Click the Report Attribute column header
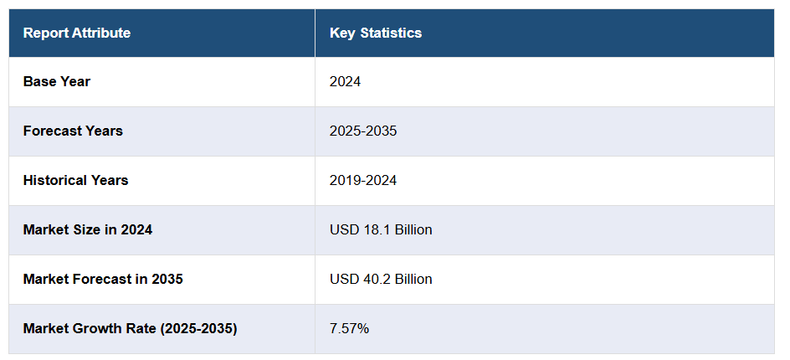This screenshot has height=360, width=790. click(77, 33)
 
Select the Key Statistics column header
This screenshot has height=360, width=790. click(376, 33)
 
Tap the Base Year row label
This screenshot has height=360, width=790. click(57, 82)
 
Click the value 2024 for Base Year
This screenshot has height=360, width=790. click(345, 82)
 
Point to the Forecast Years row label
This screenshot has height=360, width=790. click(73, 131)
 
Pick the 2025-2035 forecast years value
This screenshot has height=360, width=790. click(363, 131)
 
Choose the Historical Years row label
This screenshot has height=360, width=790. click(75, 181)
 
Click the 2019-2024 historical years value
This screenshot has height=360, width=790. click(363, 181)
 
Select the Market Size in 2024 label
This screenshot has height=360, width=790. click(88, 229)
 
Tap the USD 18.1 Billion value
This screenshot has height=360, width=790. click(381, 229)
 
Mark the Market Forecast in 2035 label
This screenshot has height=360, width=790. click(103, 279)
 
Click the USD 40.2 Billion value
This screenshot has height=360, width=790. click(381, 279)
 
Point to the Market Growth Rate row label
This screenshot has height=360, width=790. click(130, 328)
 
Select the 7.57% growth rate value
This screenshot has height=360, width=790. click(349, 328)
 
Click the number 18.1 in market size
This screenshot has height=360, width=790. click(374, 229)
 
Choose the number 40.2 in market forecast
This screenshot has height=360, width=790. click(374, 279)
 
